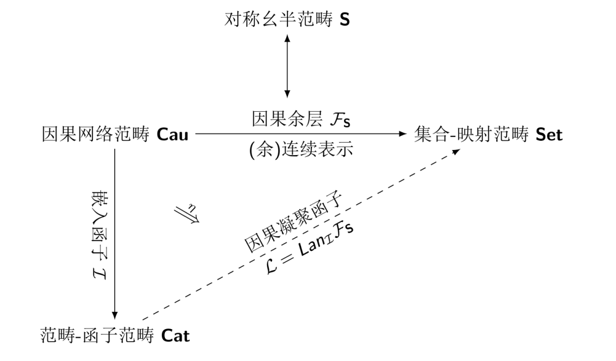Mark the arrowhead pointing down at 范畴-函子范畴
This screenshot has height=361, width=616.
115,315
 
